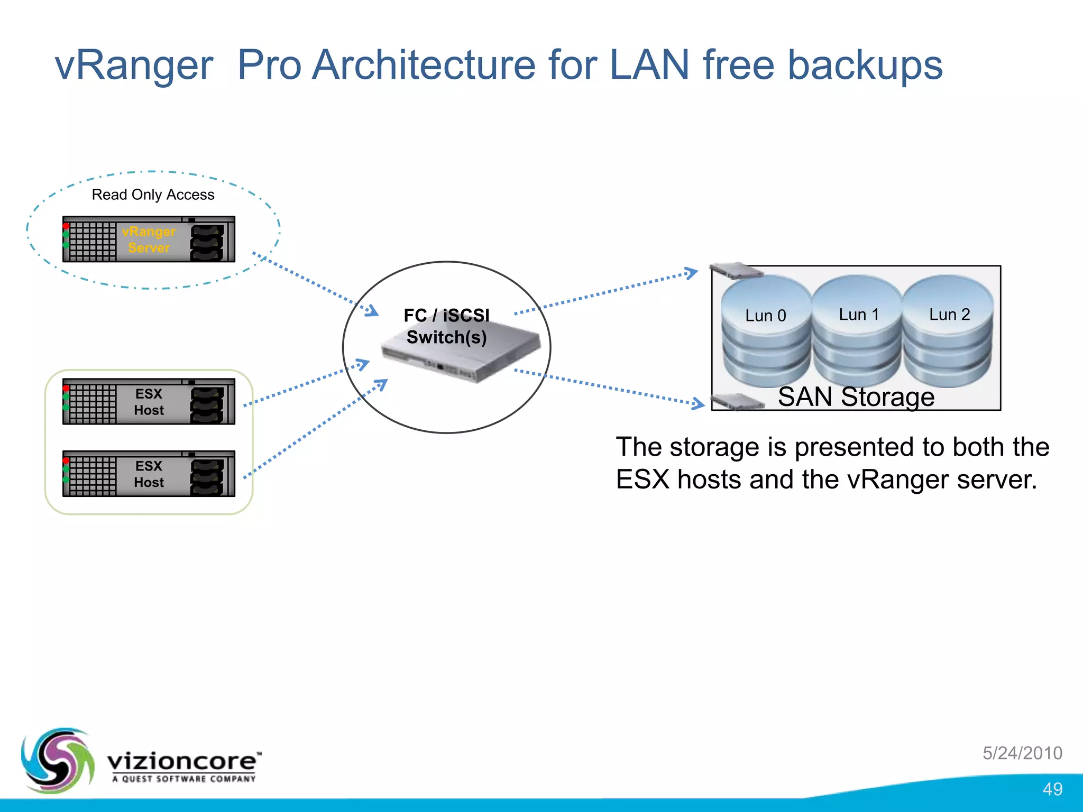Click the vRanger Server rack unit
click(149, 239)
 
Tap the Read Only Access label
click(153, 195)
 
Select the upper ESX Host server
click(149, 402)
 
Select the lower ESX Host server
click(149, 474)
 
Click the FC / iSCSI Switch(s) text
click(446, 326)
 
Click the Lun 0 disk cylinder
click(766, 333)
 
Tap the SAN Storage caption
click(856, 397)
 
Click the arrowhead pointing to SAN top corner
click(692, 273)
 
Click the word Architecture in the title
click(424, 65)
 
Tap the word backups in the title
click(865, 65)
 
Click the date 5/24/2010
click(1022, 753)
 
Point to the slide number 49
click(1052, 789)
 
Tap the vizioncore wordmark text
click(182, 761)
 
